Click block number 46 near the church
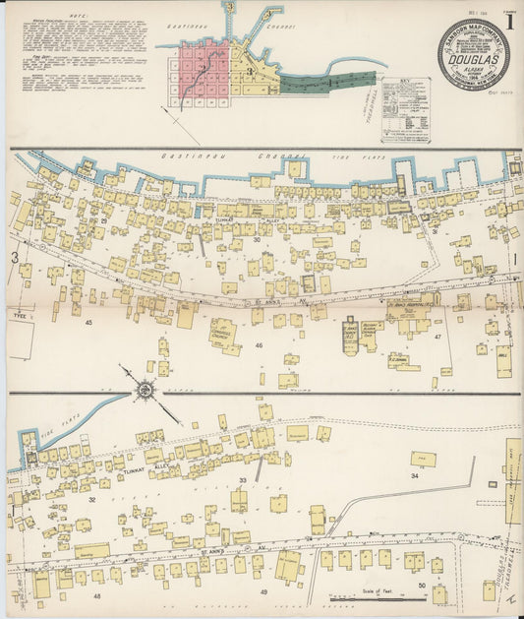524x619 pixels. coord(259,345)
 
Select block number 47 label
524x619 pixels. coord(437,337)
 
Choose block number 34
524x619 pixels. coord(414,475)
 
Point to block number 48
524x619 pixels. coord(96,595)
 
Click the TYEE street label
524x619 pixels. coord(19,316)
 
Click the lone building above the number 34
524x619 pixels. coord(424,459)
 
